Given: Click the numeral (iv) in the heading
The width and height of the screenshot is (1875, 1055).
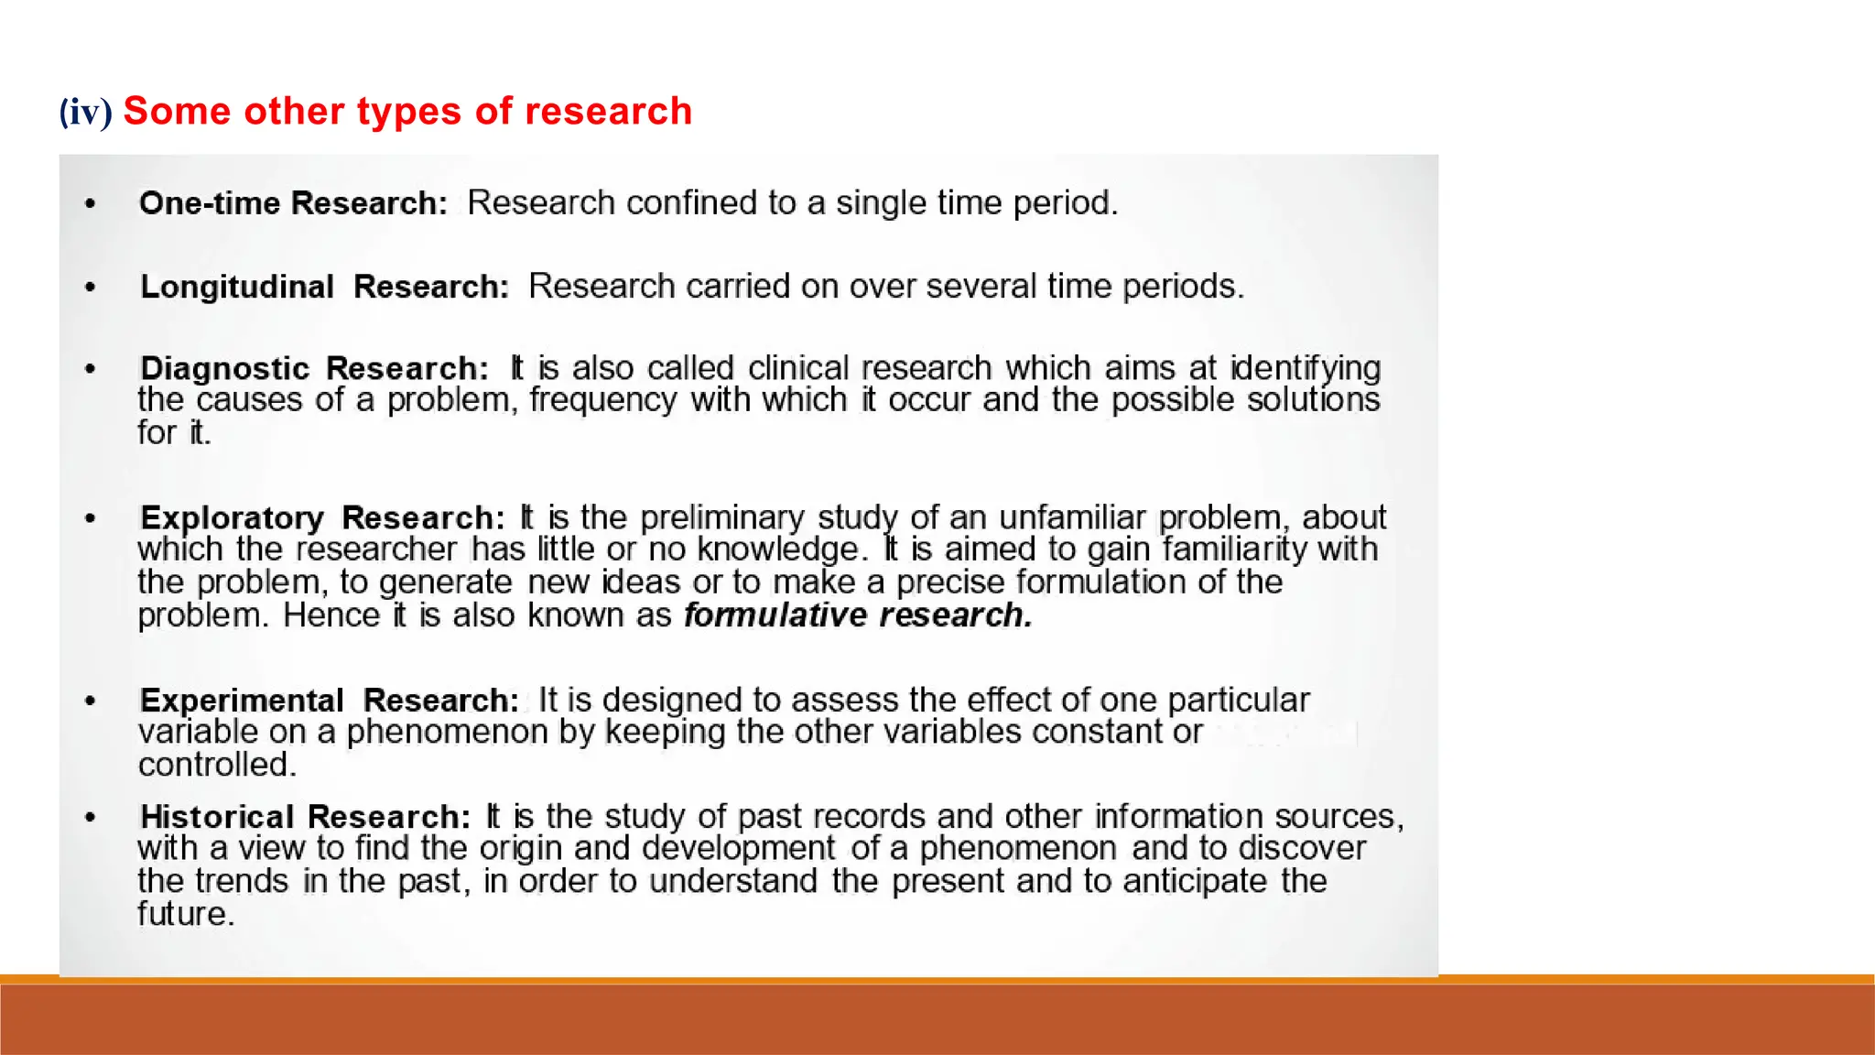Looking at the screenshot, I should [85, 112].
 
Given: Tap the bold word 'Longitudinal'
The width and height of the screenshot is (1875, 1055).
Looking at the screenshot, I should [237, 287].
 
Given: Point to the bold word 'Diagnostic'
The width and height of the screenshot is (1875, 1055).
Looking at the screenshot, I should [225, 368].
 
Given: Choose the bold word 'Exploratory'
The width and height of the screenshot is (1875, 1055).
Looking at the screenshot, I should [232, 518].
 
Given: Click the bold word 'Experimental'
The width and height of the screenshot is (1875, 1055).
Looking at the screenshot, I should [242, 701].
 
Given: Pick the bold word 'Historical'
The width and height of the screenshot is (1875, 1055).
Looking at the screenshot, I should [217, 816].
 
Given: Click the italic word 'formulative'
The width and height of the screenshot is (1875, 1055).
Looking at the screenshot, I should [775, 615].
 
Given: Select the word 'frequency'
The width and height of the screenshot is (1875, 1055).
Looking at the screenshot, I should [602, 400].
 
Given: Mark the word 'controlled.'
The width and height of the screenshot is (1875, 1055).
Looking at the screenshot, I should [218, 765].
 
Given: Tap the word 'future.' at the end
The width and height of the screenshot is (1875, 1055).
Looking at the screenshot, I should [186, 914].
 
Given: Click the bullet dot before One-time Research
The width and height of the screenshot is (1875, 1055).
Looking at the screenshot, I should [90, 203].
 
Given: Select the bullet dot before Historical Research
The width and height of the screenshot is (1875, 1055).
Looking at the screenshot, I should [90, 817].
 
